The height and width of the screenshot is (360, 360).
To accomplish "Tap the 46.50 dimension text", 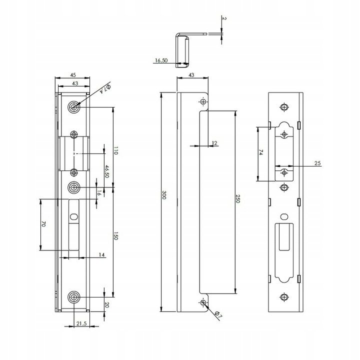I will [x=106, y=171].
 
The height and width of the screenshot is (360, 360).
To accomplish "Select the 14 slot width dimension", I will [x=101, y=255].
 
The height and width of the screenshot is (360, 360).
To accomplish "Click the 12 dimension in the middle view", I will [x=214, y=143].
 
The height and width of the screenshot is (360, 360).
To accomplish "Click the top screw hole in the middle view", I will [x=203, y=102].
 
